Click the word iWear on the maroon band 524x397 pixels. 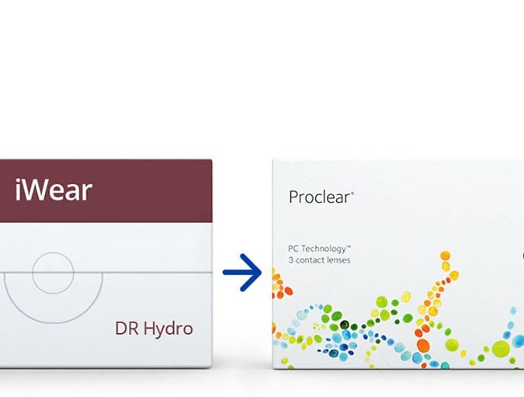click(x=54, y=190)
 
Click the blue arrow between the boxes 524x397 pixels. click(x=242, y=272)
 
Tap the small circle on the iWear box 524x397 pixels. click(x=53, y=273)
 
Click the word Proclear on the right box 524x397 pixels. click(x=319, y=197)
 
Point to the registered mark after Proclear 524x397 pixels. click(x=352, y=193)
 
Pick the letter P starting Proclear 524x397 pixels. click(x=294, y=197)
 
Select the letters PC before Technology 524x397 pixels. click(x=293, y=249)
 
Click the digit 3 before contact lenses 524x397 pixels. click(x=290, y=260)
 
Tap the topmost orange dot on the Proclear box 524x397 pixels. click(x=445, y=255)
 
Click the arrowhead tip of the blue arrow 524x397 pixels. click(x=262, y=272)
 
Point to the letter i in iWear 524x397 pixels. click(x=18, y=190)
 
